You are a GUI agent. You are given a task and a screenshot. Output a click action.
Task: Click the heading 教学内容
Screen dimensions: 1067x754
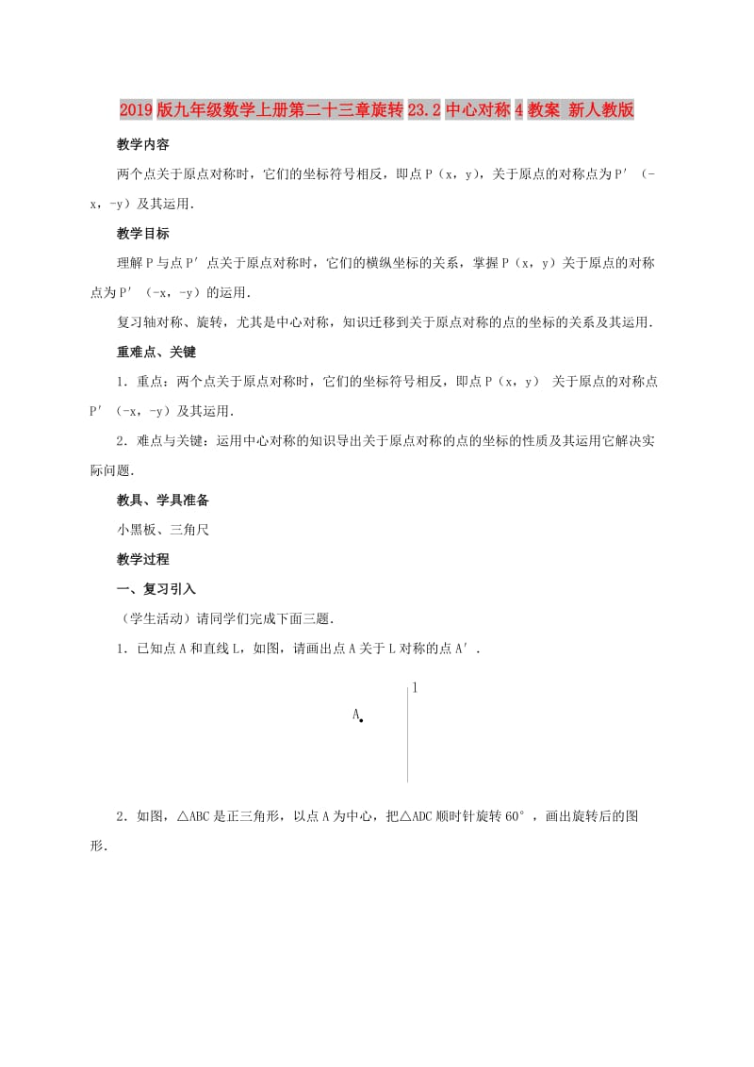tap(143, 144)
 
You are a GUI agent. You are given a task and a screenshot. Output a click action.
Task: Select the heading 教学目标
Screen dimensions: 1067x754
tap(143, 234)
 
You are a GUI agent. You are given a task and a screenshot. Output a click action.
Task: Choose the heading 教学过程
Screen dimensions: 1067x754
tap(143, 559)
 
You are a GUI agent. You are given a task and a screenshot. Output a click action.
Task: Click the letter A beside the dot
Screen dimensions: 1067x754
tap(355, 715)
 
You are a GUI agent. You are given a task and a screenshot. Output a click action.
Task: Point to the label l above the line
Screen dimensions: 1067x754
tap(415, 688)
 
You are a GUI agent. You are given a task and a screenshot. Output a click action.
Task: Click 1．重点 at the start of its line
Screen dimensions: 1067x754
tap(140, 381)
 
